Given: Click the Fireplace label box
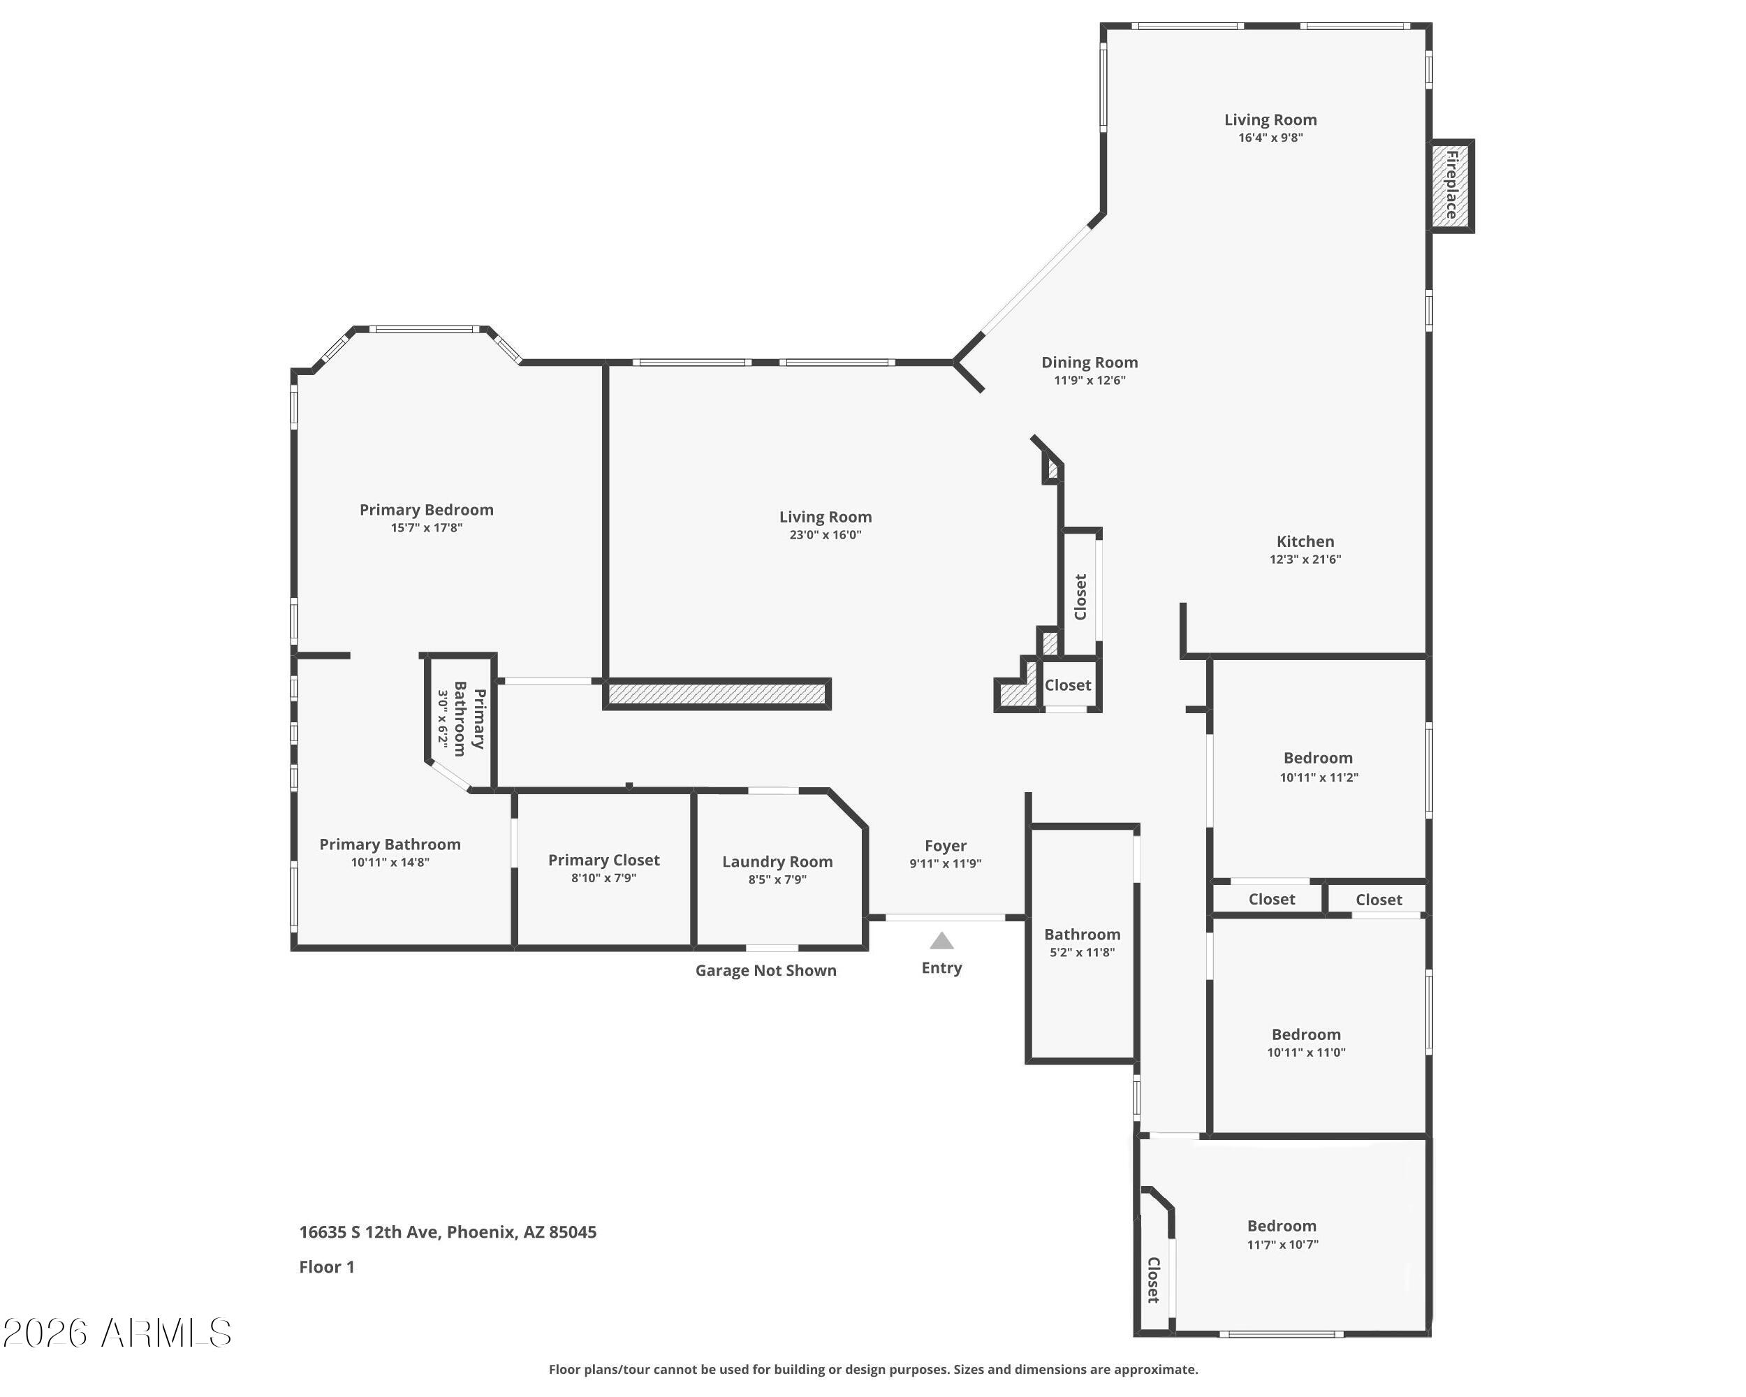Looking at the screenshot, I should (x=1451, y=186).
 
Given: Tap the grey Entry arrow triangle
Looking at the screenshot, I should (x=941, y=941).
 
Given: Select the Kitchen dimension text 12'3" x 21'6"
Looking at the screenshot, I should (x=1305, y=559).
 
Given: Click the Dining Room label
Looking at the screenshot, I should (x=1090, y=363).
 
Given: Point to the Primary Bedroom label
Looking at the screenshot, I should (x=426, y=510).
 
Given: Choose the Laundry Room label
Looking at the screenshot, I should (x=777, y=862).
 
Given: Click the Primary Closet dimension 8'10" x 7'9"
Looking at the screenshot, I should (x=603, y=879).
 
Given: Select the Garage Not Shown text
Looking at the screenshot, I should (x=765, y=970).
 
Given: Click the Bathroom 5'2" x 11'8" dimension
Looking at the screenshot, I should (x=1082, y=952).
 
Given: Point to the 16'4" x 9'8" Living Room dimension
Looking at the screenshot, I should (x=1270, y=138).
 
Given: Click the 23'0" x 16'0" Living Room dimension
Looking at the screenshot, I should (x=826, y=535).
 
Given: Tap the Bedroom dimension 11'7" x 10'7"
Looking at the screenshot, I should (x=1282, y=1245).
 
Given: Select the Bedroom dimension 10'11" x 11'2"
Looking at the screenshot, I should (x=1319, y=777).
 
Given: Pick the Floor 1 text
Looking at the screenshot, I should (x=326, y=1267).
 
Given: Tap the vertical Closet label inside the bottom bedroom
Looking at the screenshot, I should (x=1153, y=1280).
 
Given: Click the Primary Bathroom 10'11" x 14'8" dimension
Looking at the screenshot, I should (x=390, y=863).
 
